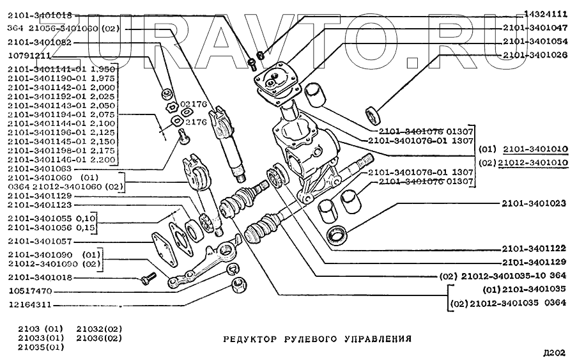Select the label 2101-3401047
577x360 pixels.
535,28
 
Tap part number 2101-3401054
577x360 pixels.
535,42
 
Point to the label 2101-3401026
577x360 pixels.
535,56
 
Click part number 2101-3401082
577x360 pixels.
39,42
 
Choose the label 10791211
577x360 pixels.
30,56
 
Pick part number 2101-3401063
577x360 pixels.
39,168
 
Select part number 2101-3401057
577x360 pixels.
39,242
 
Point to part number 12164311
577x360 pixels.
30,304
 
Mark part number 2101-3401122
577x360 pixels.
535,248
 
